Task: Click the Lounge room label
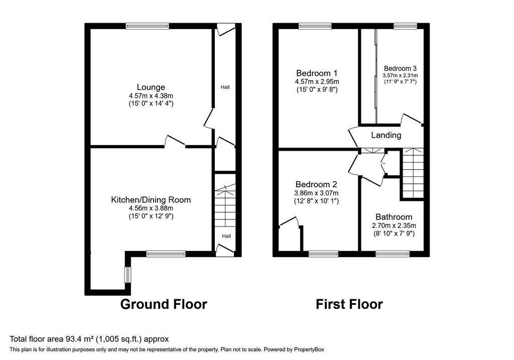pyautogui.click(x=151, y=87)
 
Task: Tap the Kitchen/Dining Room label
pyautogui.click(x=151, y=200)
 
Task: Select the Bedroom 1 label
pyautogui.click(x=317, y=73)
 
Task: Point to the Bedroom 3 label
pyautogui.click(x=400, y=68)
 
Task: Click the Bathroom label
pyautogui.click(x=394, y=217)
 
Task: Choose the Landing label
pyautogui.click(x=386, y=135)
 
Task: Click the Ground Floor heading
pyautogui.click(x=164, y=304)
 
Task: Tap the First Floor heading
pyautogui.click(x=349, y=304)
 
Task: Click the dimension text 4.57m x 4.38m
pyautogui.click(x=151, y=96)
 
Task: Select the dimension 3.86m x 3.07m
pyautogui.click(x=316, y=193)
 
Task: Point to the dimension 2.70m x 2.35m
pyautogui.click(x=394, y=225)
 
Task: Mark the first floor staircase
pyautogui.click(x=413, y=173)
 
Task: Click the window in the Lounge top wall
pyautogui.click(x=147, y=26)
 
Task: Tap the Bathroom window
pyautogui.click(x=393, y=254)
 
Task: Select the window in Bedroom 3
pyautogui.click(x=405, y=26)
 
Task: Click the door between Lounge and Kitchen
pyautogui.click(x=175, y=141)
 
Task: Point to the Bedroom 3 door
pyautogui.click(x=411, y=119)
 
